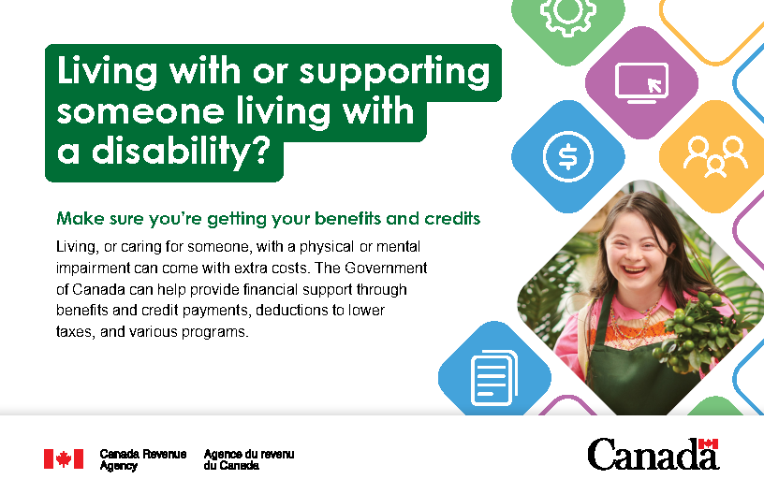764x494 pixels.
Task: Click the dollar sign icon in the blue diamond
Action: [x=567, y=157]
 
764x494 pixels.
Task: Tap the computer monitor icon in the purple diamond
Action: [x=641, y=83]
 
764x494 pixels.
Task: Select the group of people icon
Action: [x=715, y=157]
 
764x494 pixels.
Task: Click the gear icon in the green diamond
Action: [x=568, y=15]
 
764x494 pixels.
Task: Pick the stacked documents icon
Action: [x=494, y=378]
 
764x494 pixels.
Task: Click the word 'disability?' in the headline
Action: [x=181, y=151]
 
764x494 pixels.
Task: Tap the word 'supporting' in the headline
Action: [x=394, y=72]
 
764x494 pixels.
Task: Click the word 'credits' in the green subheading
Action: [x=452, y=219]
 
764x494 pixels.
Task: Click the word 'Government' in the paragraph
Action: [x=386, y=269]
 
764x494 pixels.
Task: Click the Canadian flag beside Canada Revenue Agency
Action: [x=64, y=459]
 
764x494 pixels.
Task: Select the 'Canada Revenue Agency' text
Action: [x=142, y=459]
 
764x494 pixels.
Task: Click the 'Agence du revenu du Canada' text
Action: [x=249, y=459]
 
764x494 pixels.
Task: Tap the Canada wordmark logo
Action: [x=654, y=454]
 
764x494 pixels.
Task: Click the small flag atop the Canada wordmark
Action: [x=708, y=443]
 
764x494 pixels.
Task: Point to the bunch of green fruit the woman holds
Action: [x=697, y=331]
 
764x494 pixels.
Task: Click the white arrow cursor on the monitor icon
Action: [x=654, y=85]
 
